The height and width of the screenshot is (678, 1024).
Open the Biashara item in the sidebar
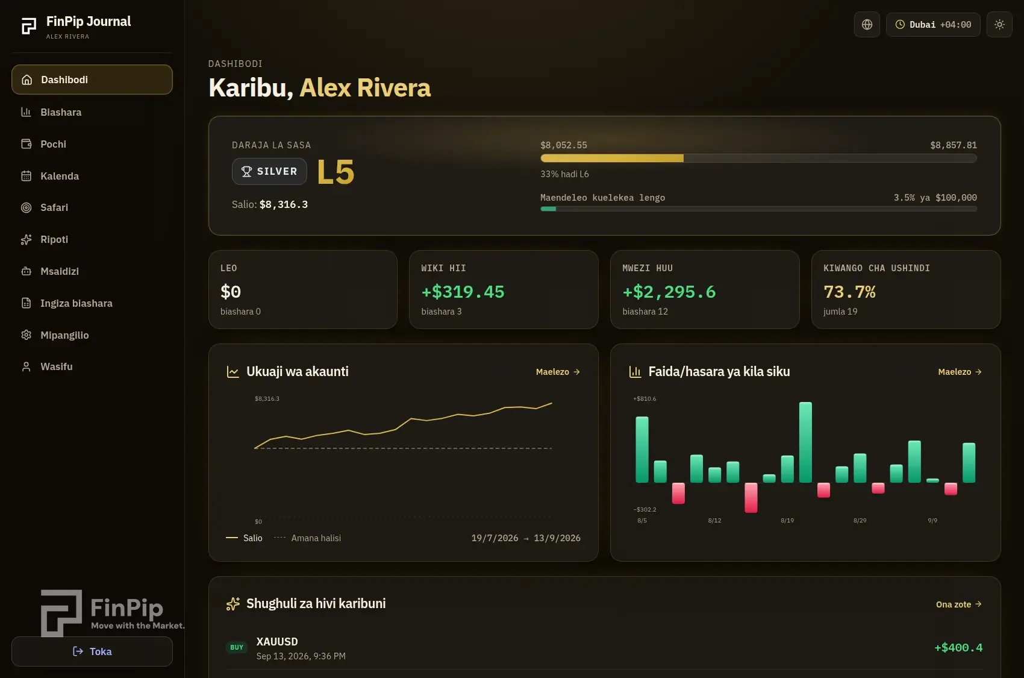61,112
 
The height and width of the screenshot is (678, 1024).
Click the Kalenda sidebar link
60,175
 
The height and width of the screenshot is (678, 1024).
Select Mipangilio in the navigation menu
64,335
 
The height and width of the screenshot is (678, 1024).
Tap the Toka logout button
92,651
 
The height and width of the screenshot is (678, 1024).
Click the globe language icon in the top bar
867,24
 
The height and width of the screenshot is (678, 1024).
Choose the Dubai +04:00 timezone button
933,24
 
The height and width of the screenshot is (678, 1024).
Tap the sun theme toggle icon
999,24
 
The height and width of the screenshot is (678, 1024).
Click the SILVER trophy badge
269,172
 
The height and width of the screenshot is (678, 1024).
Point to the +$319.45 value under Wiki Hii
463,292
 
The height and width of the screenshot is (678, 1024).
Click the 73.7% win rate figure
849,292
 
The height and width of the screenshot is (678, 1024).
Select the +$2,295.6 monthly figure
669,292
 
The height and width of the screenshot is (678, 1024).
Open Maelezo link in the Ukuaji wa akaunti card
558,372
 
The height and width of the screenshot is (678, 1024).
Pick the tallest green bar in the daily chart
805,442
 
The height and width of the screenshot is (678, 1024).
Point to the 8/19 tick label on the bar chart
787,520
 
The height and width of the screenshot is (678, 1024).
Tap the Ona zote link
958,604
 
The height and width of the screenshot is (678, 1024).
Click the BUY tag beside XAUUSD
236,647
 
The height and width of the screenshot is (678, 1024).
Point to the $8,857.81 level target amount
953,145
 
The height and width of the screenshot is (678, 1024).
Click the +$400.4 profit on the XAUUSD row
958,647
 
